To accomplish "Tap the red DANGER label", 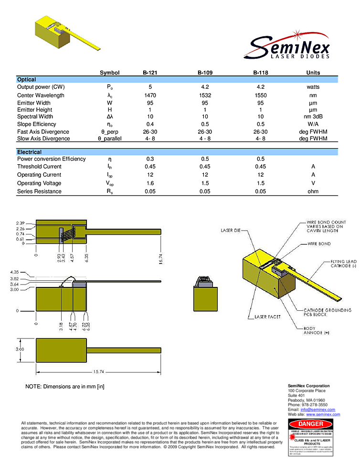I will [x=311, y=424].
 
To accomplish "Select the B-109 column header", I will [x=205, y=73].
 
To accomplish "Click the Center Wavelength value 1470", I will [x=150, y=95].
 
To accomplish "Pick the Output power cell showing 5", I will [x=150, y=87].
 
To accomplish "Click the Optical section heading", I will [x=27, y=80].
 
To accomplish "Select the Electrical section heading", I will [x=29, y=152].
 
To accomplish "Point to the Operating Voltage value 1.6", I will [x=150, y=183].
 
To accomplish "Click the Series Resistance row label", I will [x=39, y=191].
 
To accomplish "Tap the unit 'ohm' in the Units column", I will [x=313, y=191].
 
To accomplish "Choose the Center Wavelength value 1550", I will [x=260, y=95].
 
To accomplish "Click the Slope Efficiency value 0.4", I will [x=150, y=124].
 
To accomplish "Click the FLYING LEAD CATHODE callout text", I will [x=344, y=264].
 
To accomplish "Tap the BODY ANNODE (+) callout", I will [x=317, y=330].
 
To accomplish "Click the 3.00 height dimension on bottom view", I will [x=19, y=349].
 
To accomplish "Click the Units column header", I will [x=313, y=73].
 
